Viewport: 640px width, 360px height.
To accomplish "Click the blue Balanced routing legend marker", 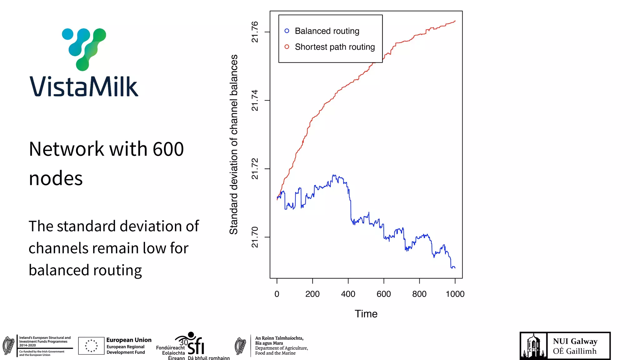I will pyautogui.click(x=287, y=31).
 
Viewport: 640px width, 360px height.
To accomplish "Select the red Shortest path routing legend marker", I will pyautogui.click(x=287, y=47).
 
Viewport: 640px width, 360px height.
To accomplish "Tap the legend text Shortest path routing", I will pyautogui.click(x=335, y=47).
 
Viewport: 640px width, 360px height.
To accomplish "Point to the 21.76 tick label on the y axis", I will pyautogui.click(x=255, y=32).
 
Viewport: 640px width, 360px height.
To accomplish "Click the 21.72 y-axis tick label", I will pyautogui.click(x=255, y=169).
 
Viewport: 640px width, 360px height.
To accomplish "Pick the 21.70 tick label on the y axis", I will pyautogui.click(x=255, y=237).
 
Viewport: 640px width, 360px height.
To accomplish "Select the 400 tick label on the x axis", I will pyautogui.click(x=348, y=294).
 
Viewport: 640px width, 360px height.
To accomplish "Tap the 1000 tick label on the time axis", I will pyautogui.click(x=455, y=294).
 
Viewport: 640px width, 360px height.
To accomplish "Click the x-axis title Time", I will pyautogui.click(x=366, y=314).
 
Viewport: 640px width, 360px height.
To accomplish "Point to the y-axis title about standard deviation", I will pyautogui.click(x=234, y=144).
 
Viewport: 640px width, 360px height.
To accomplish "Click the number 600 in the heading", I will pyautogui.click(x=168, y=149).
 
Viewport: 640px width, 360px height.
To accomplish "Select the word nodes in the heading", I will pyautogui.click(x=56, y=178).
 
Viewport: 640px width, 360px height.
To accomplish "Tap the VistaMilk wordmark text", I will pyautogui.click(x=84, y=87).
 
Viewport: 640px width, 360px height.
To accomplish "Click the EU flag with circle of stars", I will pyautogui.click(x=91, y=346).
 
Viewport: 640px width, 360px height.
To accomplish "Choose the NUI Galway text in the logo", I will pyautogui.click(x=575, y=341).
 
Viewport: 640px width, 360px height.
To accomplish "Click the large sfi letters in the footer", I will pyautogui.click(x=196, y=346).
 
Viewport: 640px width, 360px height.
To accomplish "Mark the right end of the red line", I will pyautogui.click(x=455, y=21).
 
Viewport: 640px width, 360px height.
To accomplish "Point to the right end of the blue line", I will pyautogui.click(x=455, y=268).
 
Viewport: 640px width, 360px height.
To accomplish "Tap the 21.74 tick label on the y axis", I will pyautogui.click(x=255, y=100).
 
